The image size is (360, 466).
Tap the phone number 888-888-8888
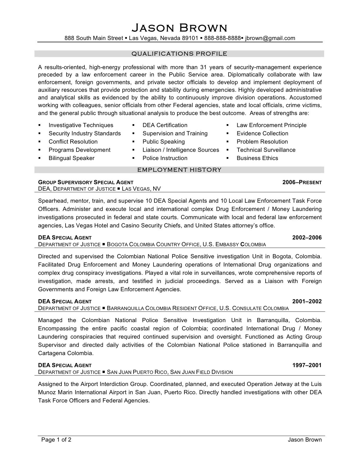coord(222,38)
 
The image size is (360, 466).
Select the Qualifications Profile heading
coord(179,54)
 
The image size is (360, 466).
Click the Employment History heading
coord(179,170)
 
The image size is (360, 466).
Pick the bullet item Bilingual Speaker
coord(71,158)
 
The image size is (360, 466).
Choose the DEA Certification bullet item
coord(165,125)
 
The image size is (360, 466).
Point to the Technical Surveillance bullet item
coord(266,150)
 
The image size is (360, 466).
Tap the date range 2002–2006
coord(307,238)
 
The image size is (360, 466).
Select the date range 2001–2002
coord(307,302)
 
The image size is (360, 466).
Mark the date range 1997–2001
coord(307,365)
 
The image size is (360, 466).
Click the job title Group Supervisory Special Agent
coord(86,182)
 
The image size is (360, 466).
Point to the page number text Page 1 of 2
coord(56,440)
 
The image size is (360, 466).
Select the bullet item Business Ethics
coord(257,158)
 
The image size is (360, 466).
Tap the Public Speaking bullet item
coord(164,142)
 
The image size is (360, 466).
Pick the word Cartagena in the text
coord(52,353)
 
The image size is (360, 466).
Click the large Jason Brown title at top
coord(179,28)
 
